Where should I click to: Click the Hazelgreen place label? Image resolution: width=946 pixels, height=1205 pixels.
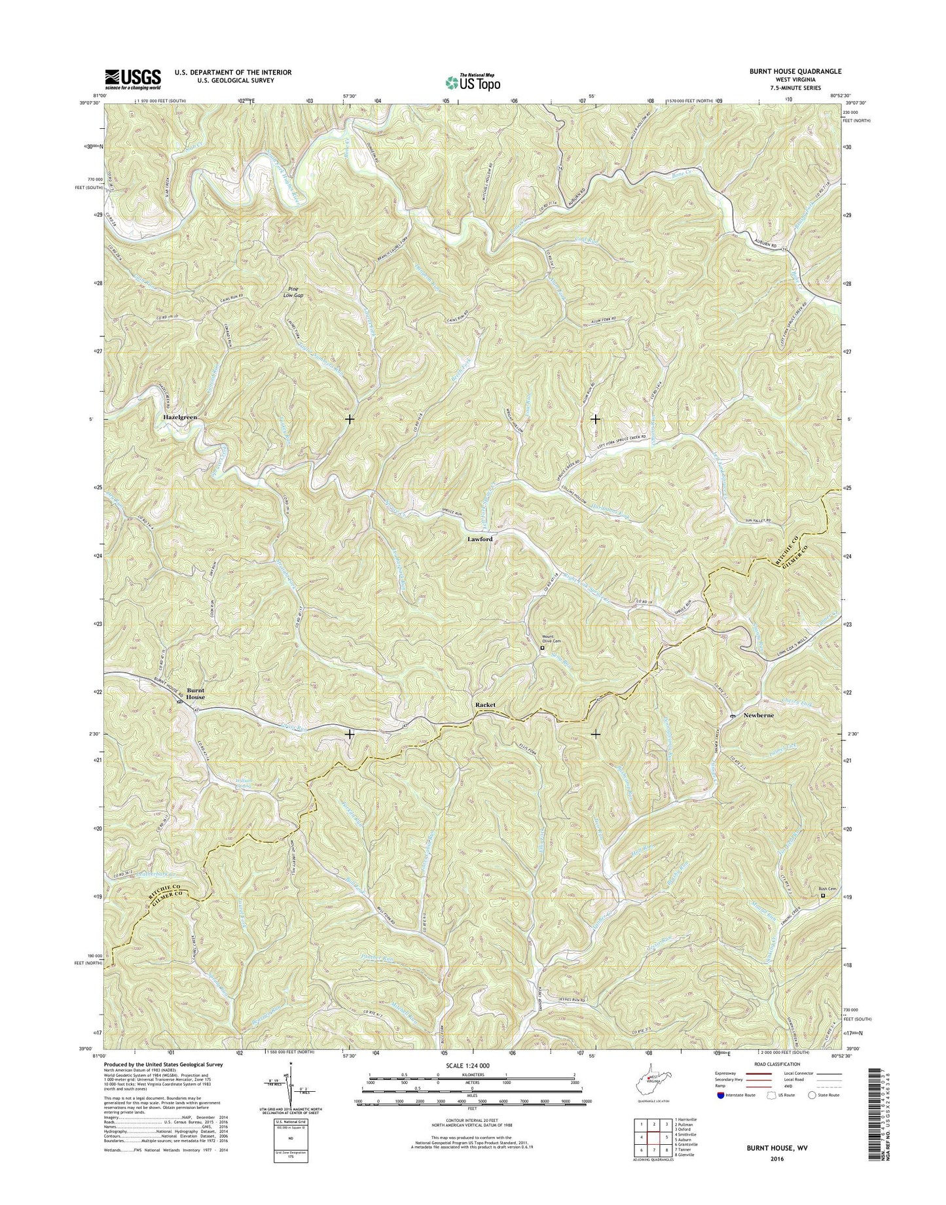180,417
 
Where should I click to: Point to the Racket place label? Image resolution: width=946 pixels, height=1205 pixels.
485,705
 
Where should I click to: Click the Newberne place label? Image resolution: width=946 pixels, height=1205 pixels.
759,716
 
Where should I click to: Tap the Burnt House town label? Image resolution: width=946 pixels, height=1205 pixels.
195,693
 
